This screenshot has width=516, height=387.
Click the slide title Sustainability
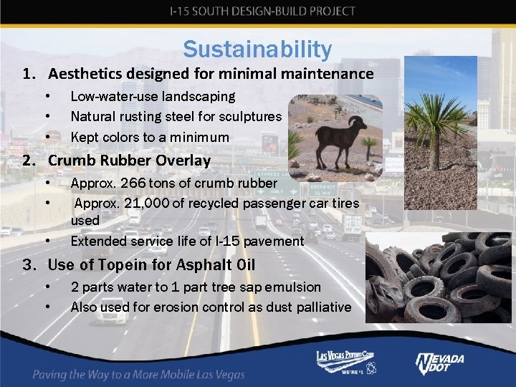click(257, 49)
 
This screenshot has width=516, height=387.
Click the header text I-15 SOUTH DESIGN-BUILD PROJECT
click(262, 11)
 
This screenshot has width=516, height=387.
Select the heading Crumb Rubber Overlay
click(129, 161)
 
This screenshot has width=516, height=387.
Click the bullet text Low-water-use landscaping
click(152, 96)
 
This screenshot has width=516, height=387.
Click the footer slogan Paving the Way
click(138, 374)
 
